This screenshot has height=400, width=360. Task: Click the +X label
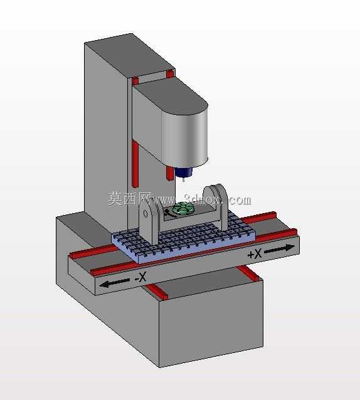pyautogui.click(x=255, y=254)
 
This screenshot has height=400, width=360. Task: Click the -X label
pyautogui.click(x=140, y=276)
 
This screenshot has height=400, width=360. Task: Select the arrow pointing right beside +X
pyautogui.click(x=279, y=249)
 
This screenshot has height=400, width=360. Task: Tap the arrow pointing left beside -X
pyautogui.click(x=114, y=283)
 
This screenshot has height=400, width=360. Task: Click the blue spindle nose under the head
pyautogui.click(x=183, y=172)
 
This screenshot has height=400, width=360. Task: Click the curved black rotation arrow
pyautogui.click(x=169, y=213)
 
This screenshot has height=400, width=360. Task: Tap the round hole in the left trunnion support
pyautogui.click(x=146, y=214)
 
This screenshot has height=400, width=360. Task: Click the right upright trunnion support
pyautogui.click(x=216, y=206)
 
